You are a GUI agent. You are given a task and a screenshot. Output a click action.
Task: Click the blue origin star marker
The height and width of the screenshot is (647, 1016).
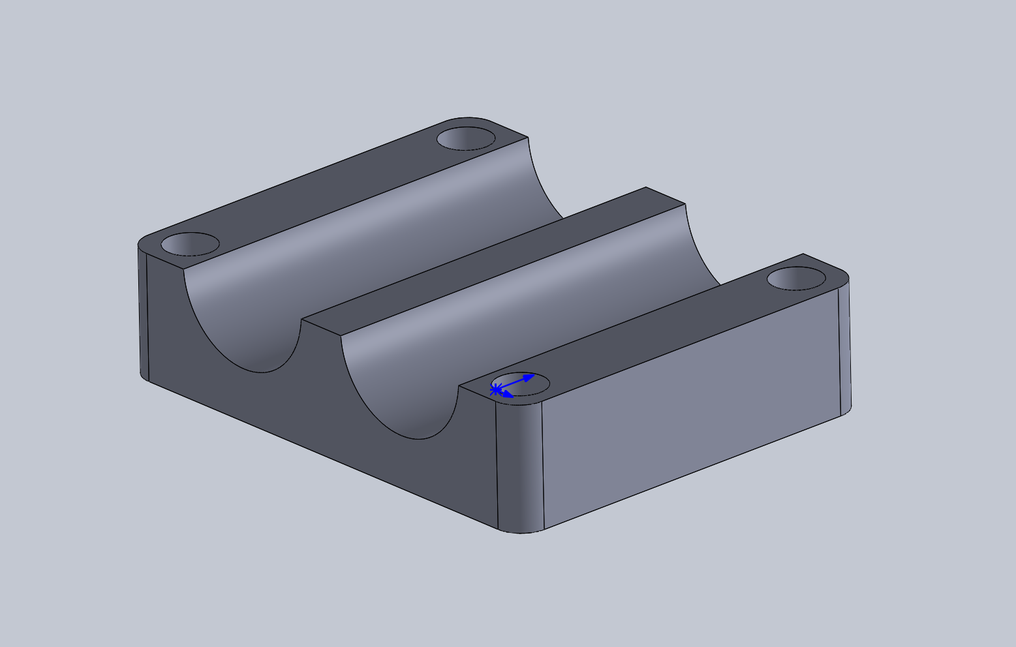[495, 389]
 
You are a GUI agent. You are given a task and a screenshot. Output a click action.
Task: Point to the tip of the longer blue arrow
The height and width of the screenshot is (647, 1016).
[534, 375]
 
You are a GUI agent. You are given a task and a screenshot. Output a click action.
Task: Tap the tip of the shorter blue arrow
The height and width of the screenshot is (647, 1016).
[513, 396]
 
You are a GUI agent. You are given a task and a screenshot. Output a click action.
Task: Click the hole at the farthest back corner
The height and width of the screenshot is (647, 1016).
[466, 138]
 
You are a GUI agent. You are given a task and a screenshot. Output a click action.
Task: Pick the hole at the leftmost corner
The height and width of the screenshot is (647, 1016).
[190, 245]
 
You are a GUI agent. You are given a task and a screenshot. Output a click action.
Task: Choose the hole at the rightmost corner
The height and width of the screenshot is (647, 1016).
[796, 278]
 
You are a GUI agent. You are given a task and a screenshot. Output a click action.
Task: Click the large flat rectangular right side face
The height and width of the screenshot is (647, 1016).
[692, 404]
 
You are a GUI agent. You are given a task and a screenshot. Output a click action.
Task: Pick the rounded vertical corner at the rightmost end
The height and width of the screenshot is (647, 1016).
[844, 349]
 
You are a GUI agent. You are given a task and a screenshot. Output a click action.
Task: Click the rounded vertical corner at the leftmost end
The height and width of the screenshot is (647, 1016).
[144, 313]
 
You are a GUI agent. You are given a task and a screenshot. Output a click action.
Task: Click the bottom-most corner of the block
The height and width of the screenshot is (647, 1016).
[520, 533]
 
